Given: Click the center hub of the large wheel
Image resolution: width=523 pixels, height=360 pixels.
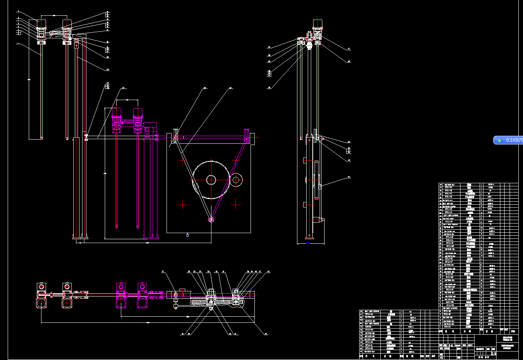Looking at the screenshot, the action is click(211, 179).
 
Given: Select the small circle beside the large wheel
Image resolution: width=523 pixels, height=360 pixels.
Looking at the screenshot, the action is click(236, 179).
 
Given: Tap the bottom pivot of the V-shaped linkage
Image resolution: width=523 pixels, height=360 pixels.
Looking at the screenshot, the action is click(211, 219).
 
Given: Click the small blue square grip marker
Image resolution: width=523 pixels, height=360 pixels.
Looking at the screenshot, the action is click(187, 235).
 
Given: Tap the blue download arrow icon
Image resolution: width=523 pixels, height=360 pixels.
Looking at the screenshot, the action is click(500, 140).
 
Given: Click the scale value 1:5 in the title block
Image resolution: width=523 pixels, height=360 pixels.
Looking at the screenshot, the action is click(493, 353).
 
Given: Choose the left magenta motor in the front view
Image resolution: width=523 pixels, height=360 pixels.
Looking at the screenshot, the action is click(117, 119).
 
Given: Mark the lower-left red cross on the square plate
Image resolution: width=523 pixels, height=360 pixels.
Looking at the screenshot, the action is click(183, 205).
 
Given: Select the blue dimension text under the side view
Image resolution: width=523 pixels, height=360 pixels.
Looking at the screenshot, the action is click(308, 243).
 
